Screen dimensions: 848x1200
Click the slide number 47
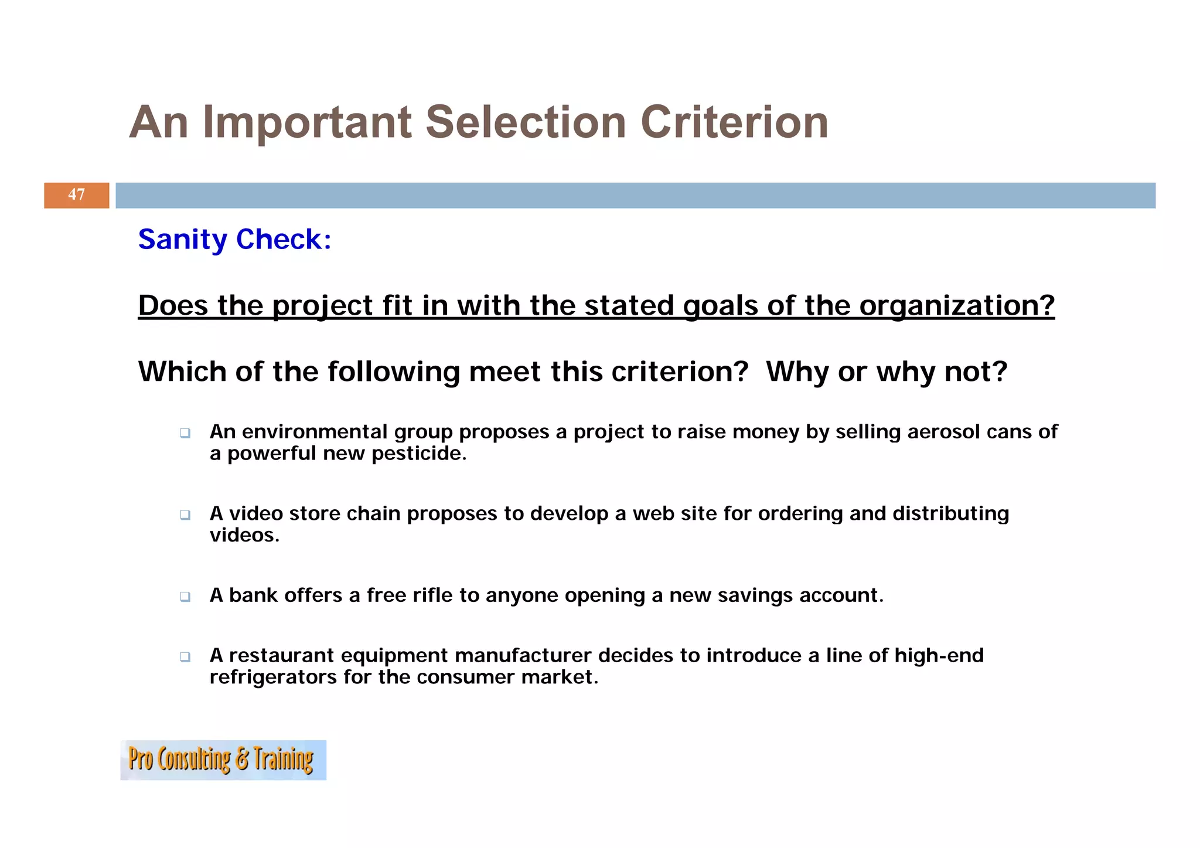(76, 195)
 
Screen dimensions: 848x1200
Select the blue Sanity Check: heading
(234, 239)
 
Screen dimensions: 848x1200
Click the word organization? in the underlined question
(957, 305)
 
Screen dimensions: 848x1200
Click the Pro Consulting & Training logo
(223, 760)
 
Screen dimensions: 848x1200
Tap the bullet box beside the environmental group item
(185, 433)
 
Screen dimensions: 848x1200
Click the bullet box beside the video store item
(185, 515)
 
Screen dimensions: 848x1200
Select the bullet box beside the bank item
(185, 597)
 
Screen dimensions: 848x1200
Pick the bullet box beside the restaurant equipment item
(185, 656)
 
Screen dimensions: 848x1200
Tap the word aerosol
(943, 432)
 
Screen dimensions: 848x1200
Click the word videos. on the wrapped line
(244, 535)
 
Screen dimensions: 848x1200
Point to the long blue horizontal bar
(635, 195)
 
